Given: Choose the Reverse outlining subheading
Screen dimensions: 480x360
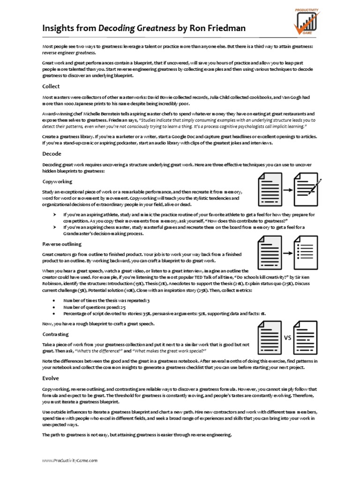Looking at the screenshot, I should (x=62, y=244).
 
